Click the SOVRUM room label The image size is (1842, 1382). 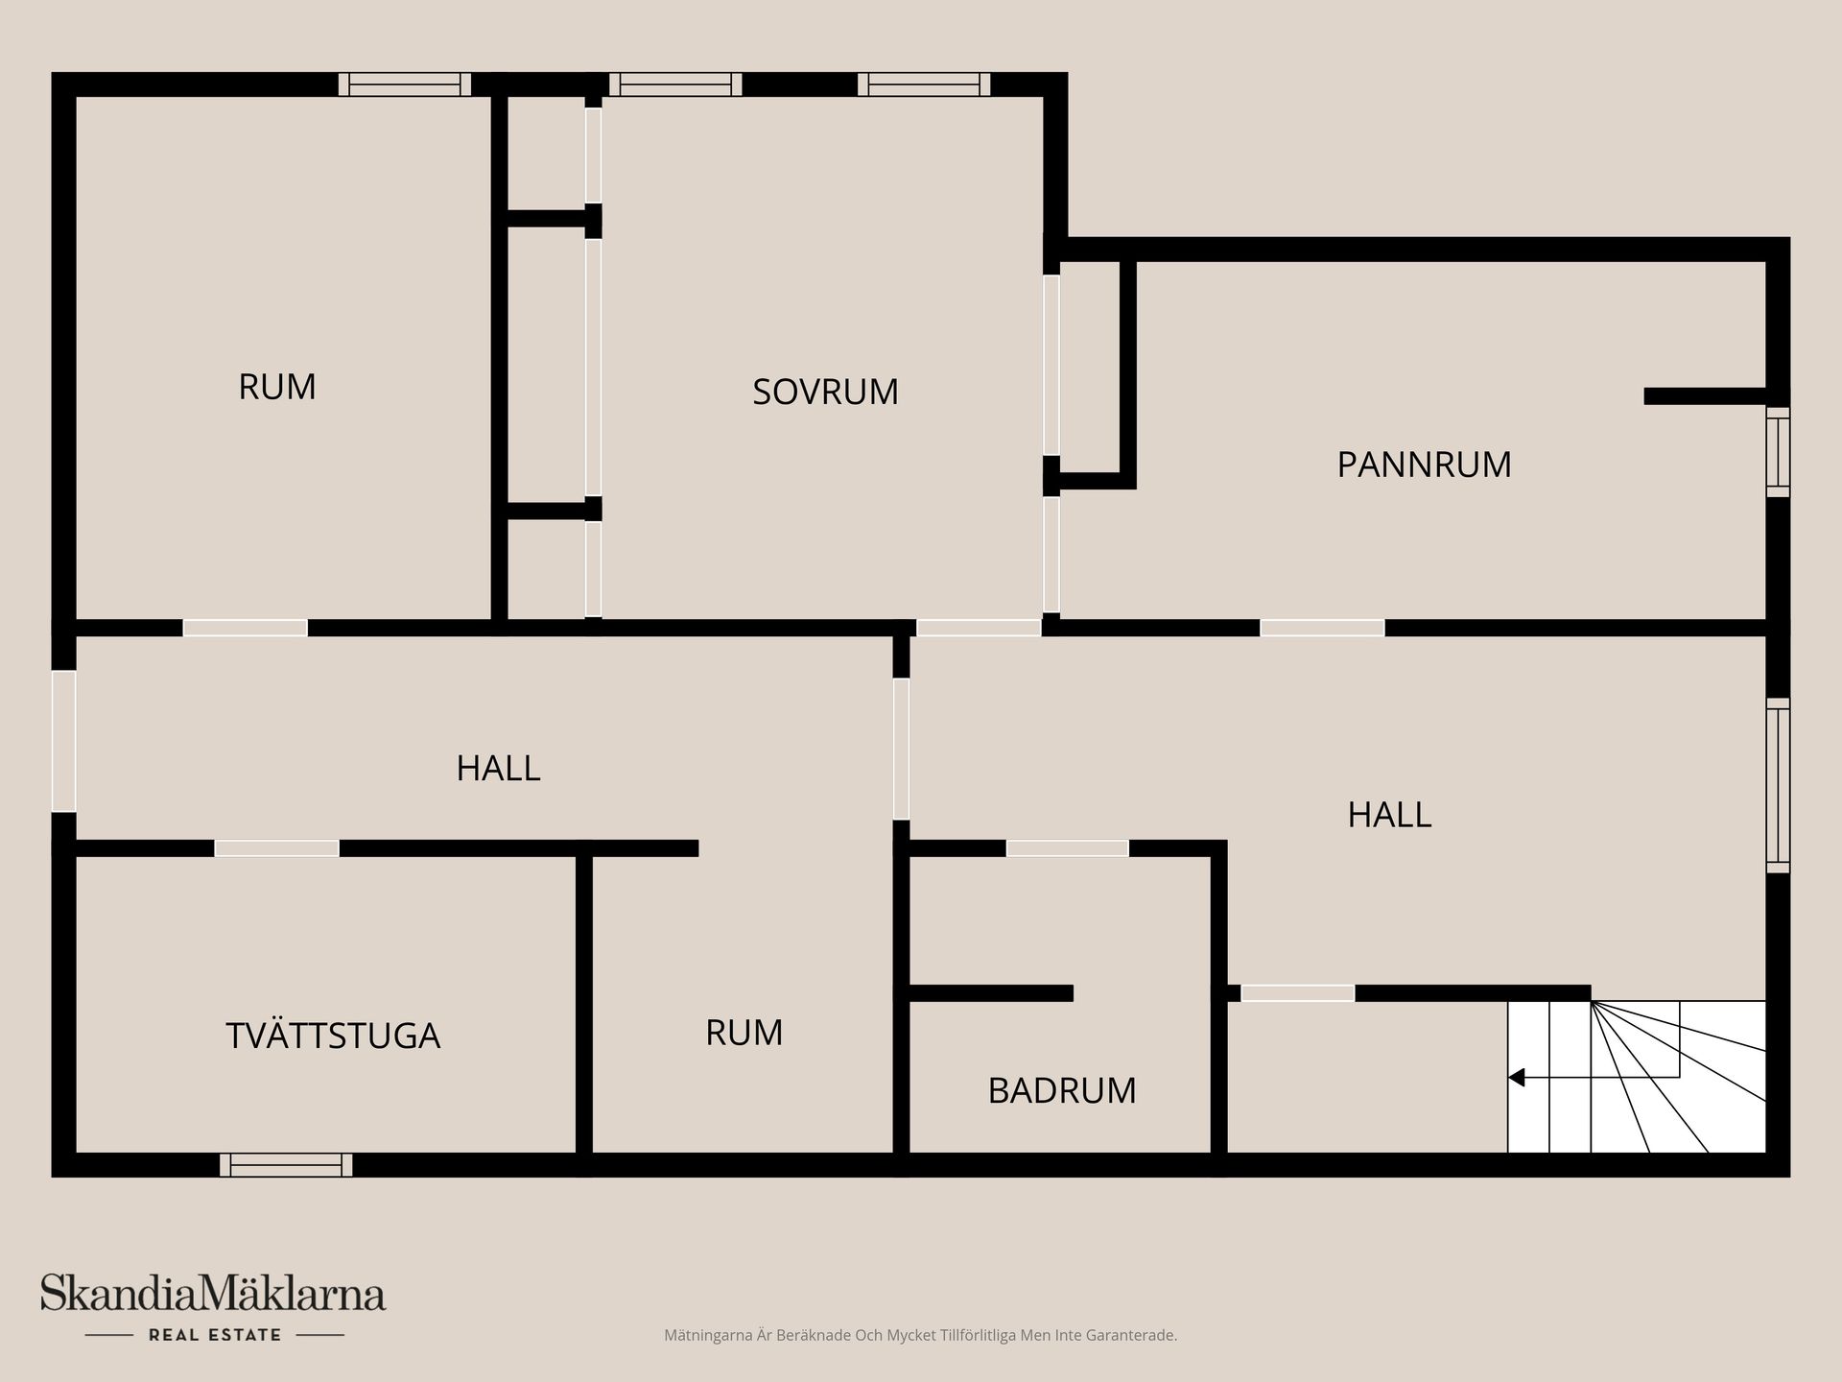[825, 392]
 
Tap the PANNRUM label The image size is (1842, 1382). [1424, 465]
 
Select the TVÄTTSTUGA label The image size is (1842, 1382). [333, 1036]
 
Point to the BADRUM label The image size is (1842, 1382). [1062, 1090]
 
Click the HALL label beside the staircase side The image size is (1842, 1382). [1389, 815]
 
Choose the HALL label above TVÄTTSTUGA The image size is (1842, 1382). [498, 768]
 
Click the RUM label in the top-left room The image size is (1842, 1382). [277, 387]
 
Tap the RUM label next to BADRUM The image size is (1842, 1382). [744, 1033]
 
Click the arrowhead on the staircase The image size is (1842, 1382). [1516, 1078]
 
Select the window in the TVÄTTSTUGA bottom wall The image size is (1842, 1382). [286, 1165]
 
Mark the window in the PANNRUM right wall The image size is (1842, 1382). [1778, 452]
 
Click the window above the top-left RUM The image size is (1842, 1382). [405, 84]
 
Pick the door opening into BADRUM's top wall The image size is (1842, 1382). [1067, 848]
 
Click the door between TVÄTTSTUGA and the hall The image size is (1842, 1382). [276, 848]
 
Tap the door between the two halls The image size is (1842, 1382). [901, 749]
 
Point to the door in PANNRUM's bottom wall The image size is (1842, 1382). [1322, 628]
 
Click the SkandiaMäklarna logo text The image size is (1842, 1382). [213, 1293]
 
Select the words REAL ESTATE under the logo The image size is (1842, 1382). [215, 1335]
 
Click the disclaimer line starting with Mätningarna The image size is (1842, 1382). [920, 1335]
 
